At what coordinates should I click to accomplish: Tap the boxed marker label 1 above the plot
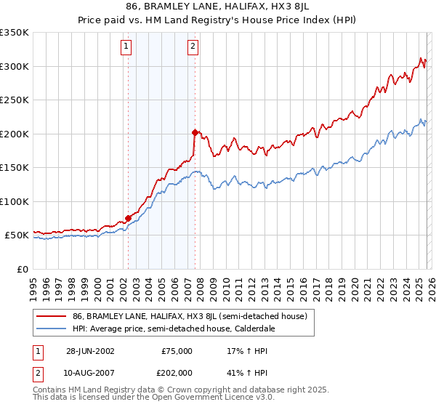tap(126, 47)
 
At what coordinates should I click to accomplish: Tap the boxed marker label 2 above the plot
tap(193, 47)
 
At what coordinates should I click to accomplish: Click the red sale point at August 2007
tap(195, 132)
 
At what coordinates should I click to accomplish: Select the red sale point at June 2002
tap(129, 218)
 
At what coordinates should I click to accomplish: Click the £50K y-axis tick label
tap(17, 235)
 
